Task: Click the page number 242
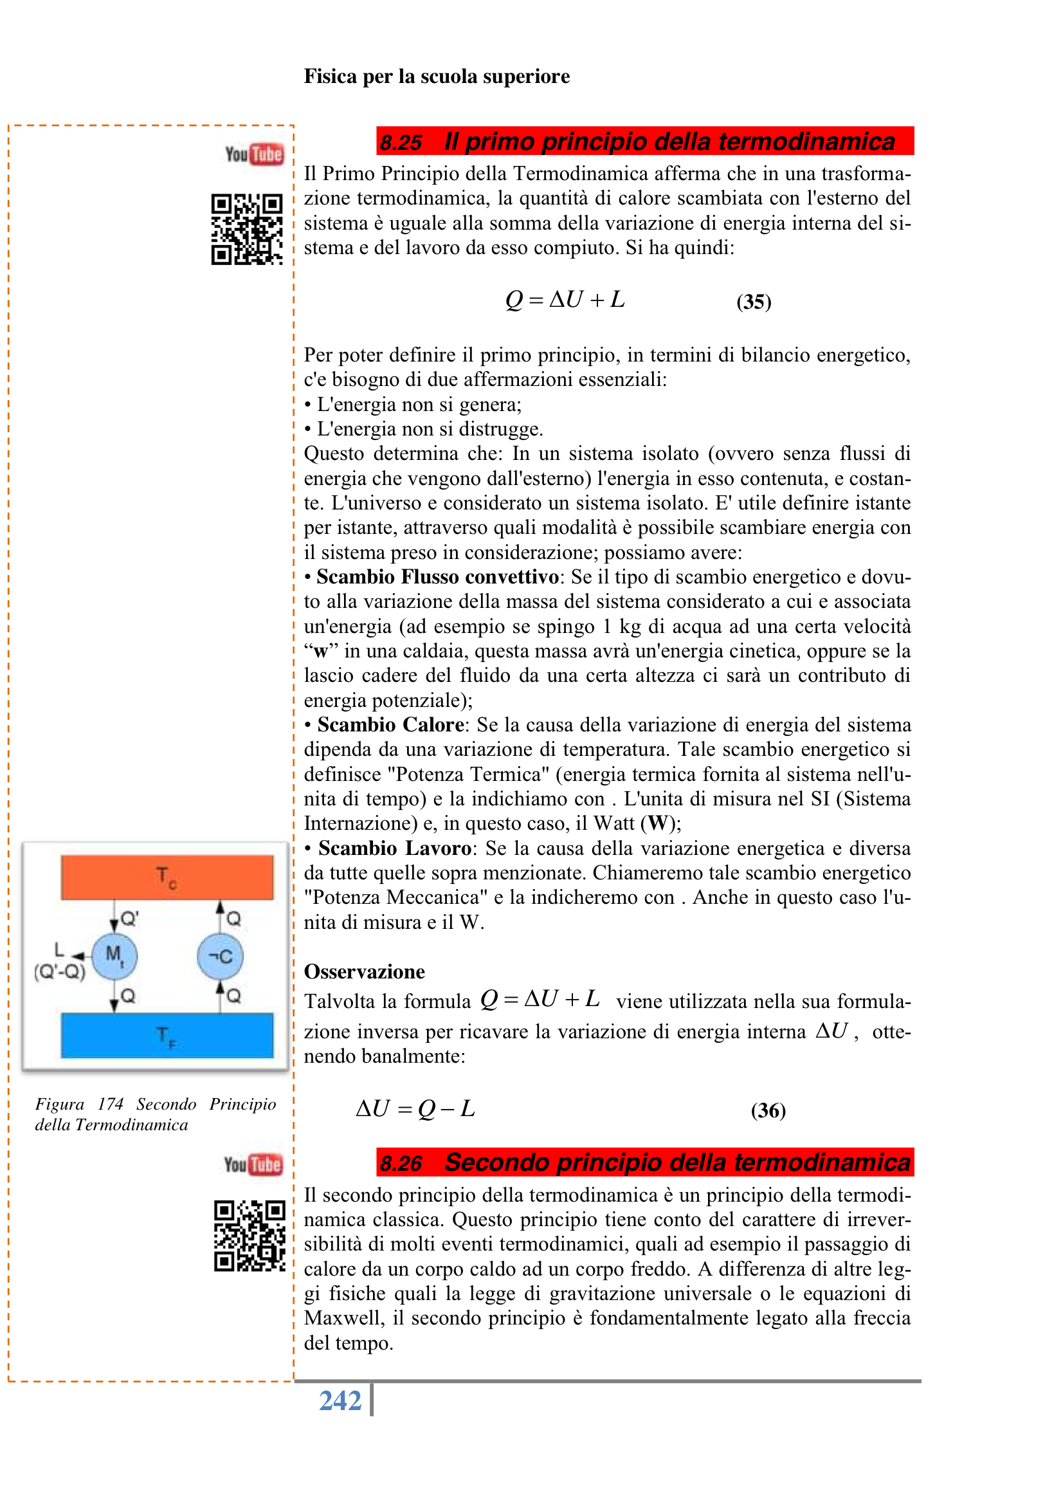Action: [340, 1400]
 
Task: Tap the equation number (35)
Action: [753, 302]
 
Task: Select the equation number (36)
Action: [768, 1110]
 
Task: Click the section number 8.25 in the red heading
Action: [401, 142]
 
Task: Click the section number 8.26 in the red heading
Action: [401, 1162]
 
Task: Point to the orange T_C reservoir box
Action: [167, 876]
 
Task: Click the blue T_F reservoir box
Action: [167, 1035]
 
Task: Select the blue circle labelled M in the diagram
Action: [114, 956]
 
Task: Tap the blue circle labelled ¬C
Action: [220, 956]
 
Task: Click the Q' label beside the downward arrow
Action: [130, 919]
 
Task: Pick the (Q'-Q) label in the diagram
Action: [60, 971]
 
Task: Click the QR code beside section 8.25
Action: [247, 229]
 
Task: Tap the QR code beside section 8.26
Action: [250, 1235]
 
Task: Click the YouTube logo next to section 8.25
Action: [254, 154]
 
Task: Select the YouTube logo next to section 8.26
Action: [253, 1164]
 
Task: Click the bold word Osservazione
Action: [364, 971]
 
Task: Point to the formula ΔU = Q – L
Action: [415, 1108]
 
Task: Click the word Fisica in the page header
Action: [330, 77]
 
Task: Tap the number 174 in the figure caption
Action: [110, 1104]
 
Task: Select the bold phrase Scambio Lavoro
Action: [394, 848]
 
